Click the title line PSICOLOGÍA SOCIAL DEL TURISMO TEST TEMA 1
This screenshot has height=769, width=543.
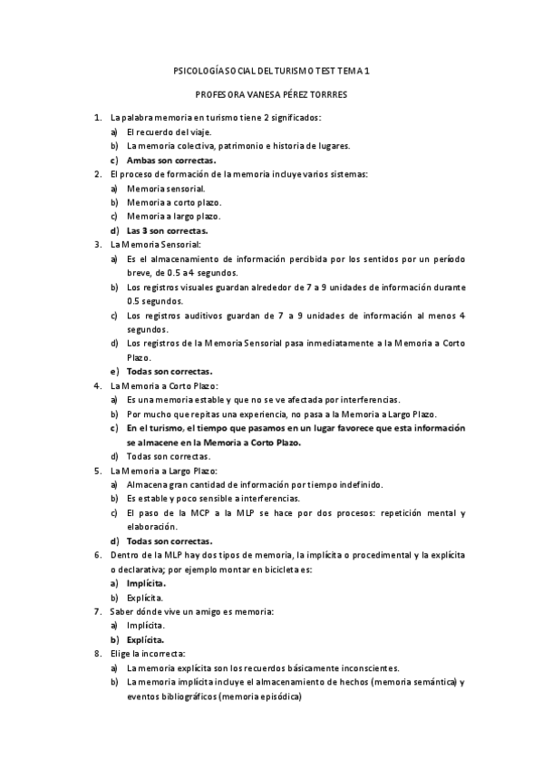271,70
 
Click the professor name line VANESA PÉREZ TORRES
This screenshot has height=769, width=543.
271,94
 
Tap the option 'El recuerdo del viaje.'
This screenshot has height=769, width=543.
169,131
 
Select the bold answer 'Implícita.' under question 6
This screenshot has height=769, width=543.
146,584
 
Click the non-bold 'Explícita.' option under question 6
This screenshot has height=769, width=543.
145,598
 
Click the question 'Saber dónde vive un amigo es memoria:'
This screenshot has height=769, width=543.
191,611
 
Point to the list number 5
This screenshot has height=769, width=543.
98,471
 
